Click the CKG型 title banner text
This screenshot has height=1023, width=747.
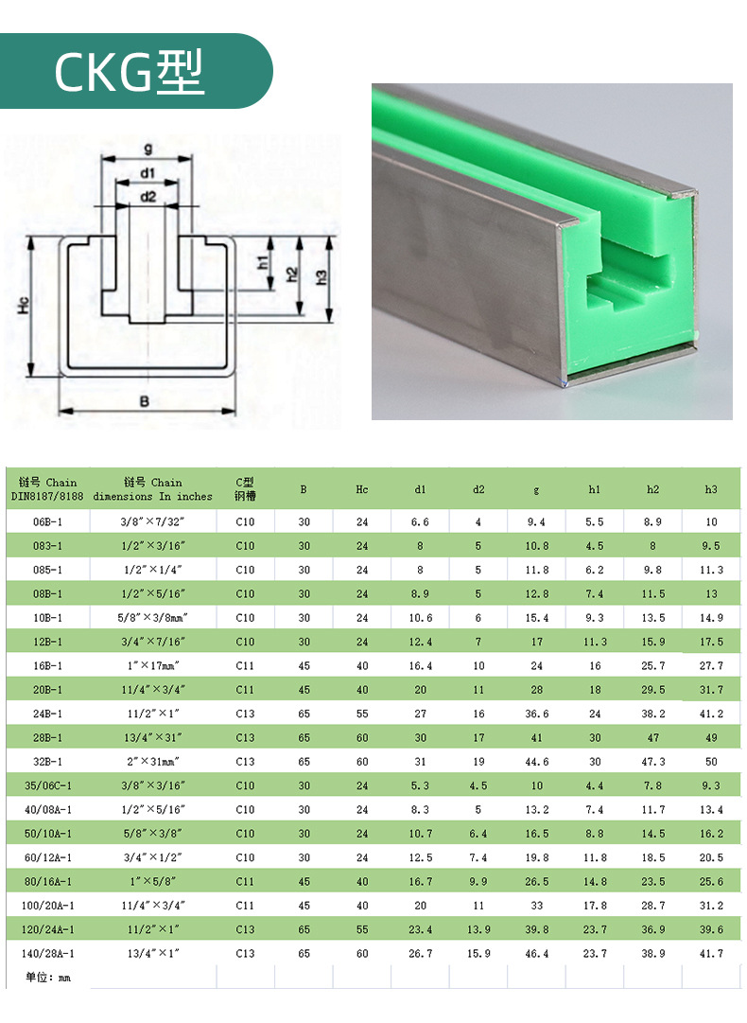[x=129, y=72]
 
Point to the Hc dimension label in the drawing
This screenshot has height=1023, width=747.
[x=24, y=305]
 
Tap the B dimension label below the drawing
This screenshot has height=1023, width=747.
[x=144, y=401]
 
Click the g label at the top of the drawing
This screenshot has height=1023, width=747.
[x=148, y=150]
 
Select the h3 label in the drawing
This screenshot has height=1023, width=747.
[x=321, y=277]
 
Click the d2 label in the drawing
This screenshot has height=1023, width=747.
[x=148, y=196]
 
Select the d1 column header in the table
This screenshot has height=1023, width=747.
[x=421, y=489]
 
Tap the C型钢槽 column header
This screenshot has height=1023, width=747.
[x=245, y=489]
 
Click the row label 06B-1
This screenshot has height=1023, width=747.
[x=47, y=522]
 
